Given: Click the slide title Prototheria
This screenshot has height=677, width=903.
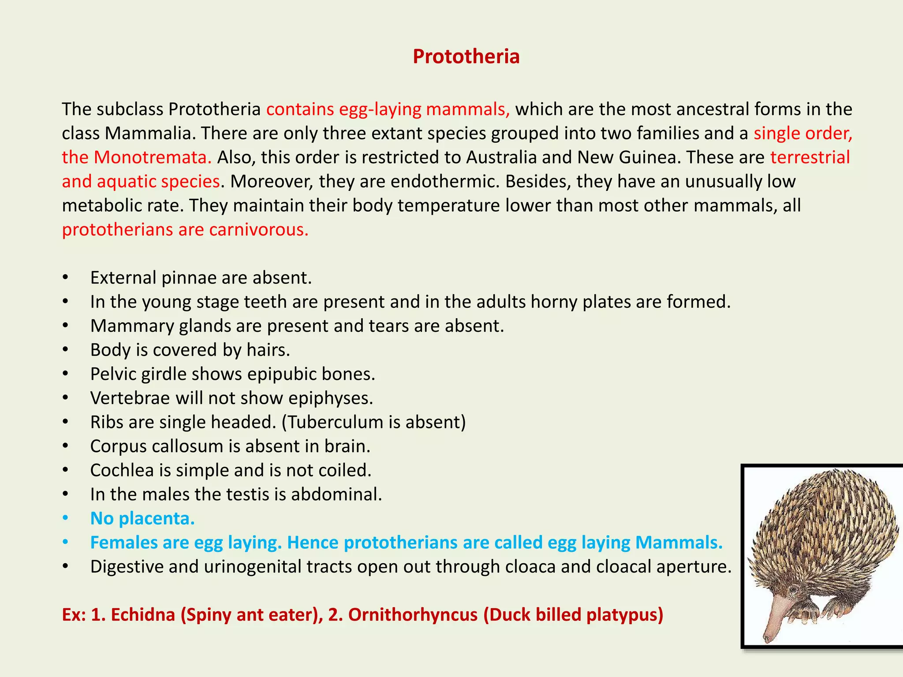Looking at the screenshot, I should pos(466,56).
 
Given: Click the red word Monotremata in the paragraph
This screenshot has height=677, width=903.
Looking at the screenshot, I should pos(153,157).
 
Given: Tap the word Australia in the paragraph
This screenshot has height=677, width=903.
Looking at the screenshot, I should pos(501,157).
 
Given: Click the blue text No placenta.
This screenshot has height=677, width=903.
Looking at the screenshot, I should pos(142,519).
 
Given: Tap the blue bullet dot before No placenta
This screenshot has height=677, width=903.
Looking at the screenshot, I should pos(65,519).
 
